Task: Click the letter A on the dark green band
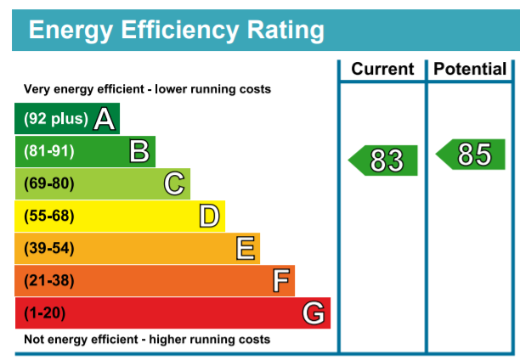pos(105,119)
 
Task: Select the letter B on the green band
pos(139,151)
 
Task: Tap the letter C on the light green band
pos(174,183)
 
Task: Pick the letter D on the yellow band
pos(209,216)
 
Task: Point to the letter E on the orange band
pos(246,248)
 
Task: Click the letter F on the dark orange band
pos(281,280)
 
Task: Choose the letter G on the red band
pos(314,312)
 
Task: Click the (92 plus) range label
pos(56,118)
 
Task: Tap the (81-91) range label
pos(49,151)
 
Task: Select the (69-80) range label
pos(49,183)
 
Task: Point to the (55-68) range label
pos(49,216)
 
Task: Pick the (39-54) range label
pos(49,248)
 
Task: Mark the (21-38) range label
pos(49,280)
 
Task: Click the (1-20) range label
pos(45,312)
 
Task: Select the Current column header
pos(382,69)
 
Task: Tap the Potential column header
pos(470,69)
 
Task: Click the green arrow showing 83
pos(382,160)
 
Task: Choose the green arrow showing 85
pos(470,155)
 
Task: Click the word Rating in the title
pos(285,31)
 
